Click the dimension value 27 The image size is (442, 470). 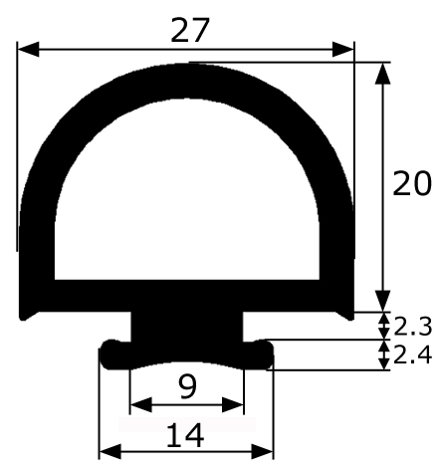pos(190,30)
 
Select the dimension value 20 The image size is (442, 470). pos(412,183)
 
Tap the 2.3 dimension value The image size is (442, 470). pos(412,327)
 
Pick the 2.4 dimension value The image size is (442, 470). pos(412,354)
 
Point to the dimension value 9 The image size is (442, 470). pos(187,386)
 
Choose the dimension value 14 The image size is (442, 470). pos(185,435)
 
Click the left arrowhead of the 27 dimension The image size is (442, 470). pos(29,49)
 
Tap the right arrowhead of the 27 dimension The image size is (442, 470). pos(343,49)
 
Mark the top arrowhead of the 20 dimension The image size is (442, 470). pos(383,74)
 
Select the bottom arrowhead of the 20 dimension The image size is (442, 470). pos(383,301)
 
